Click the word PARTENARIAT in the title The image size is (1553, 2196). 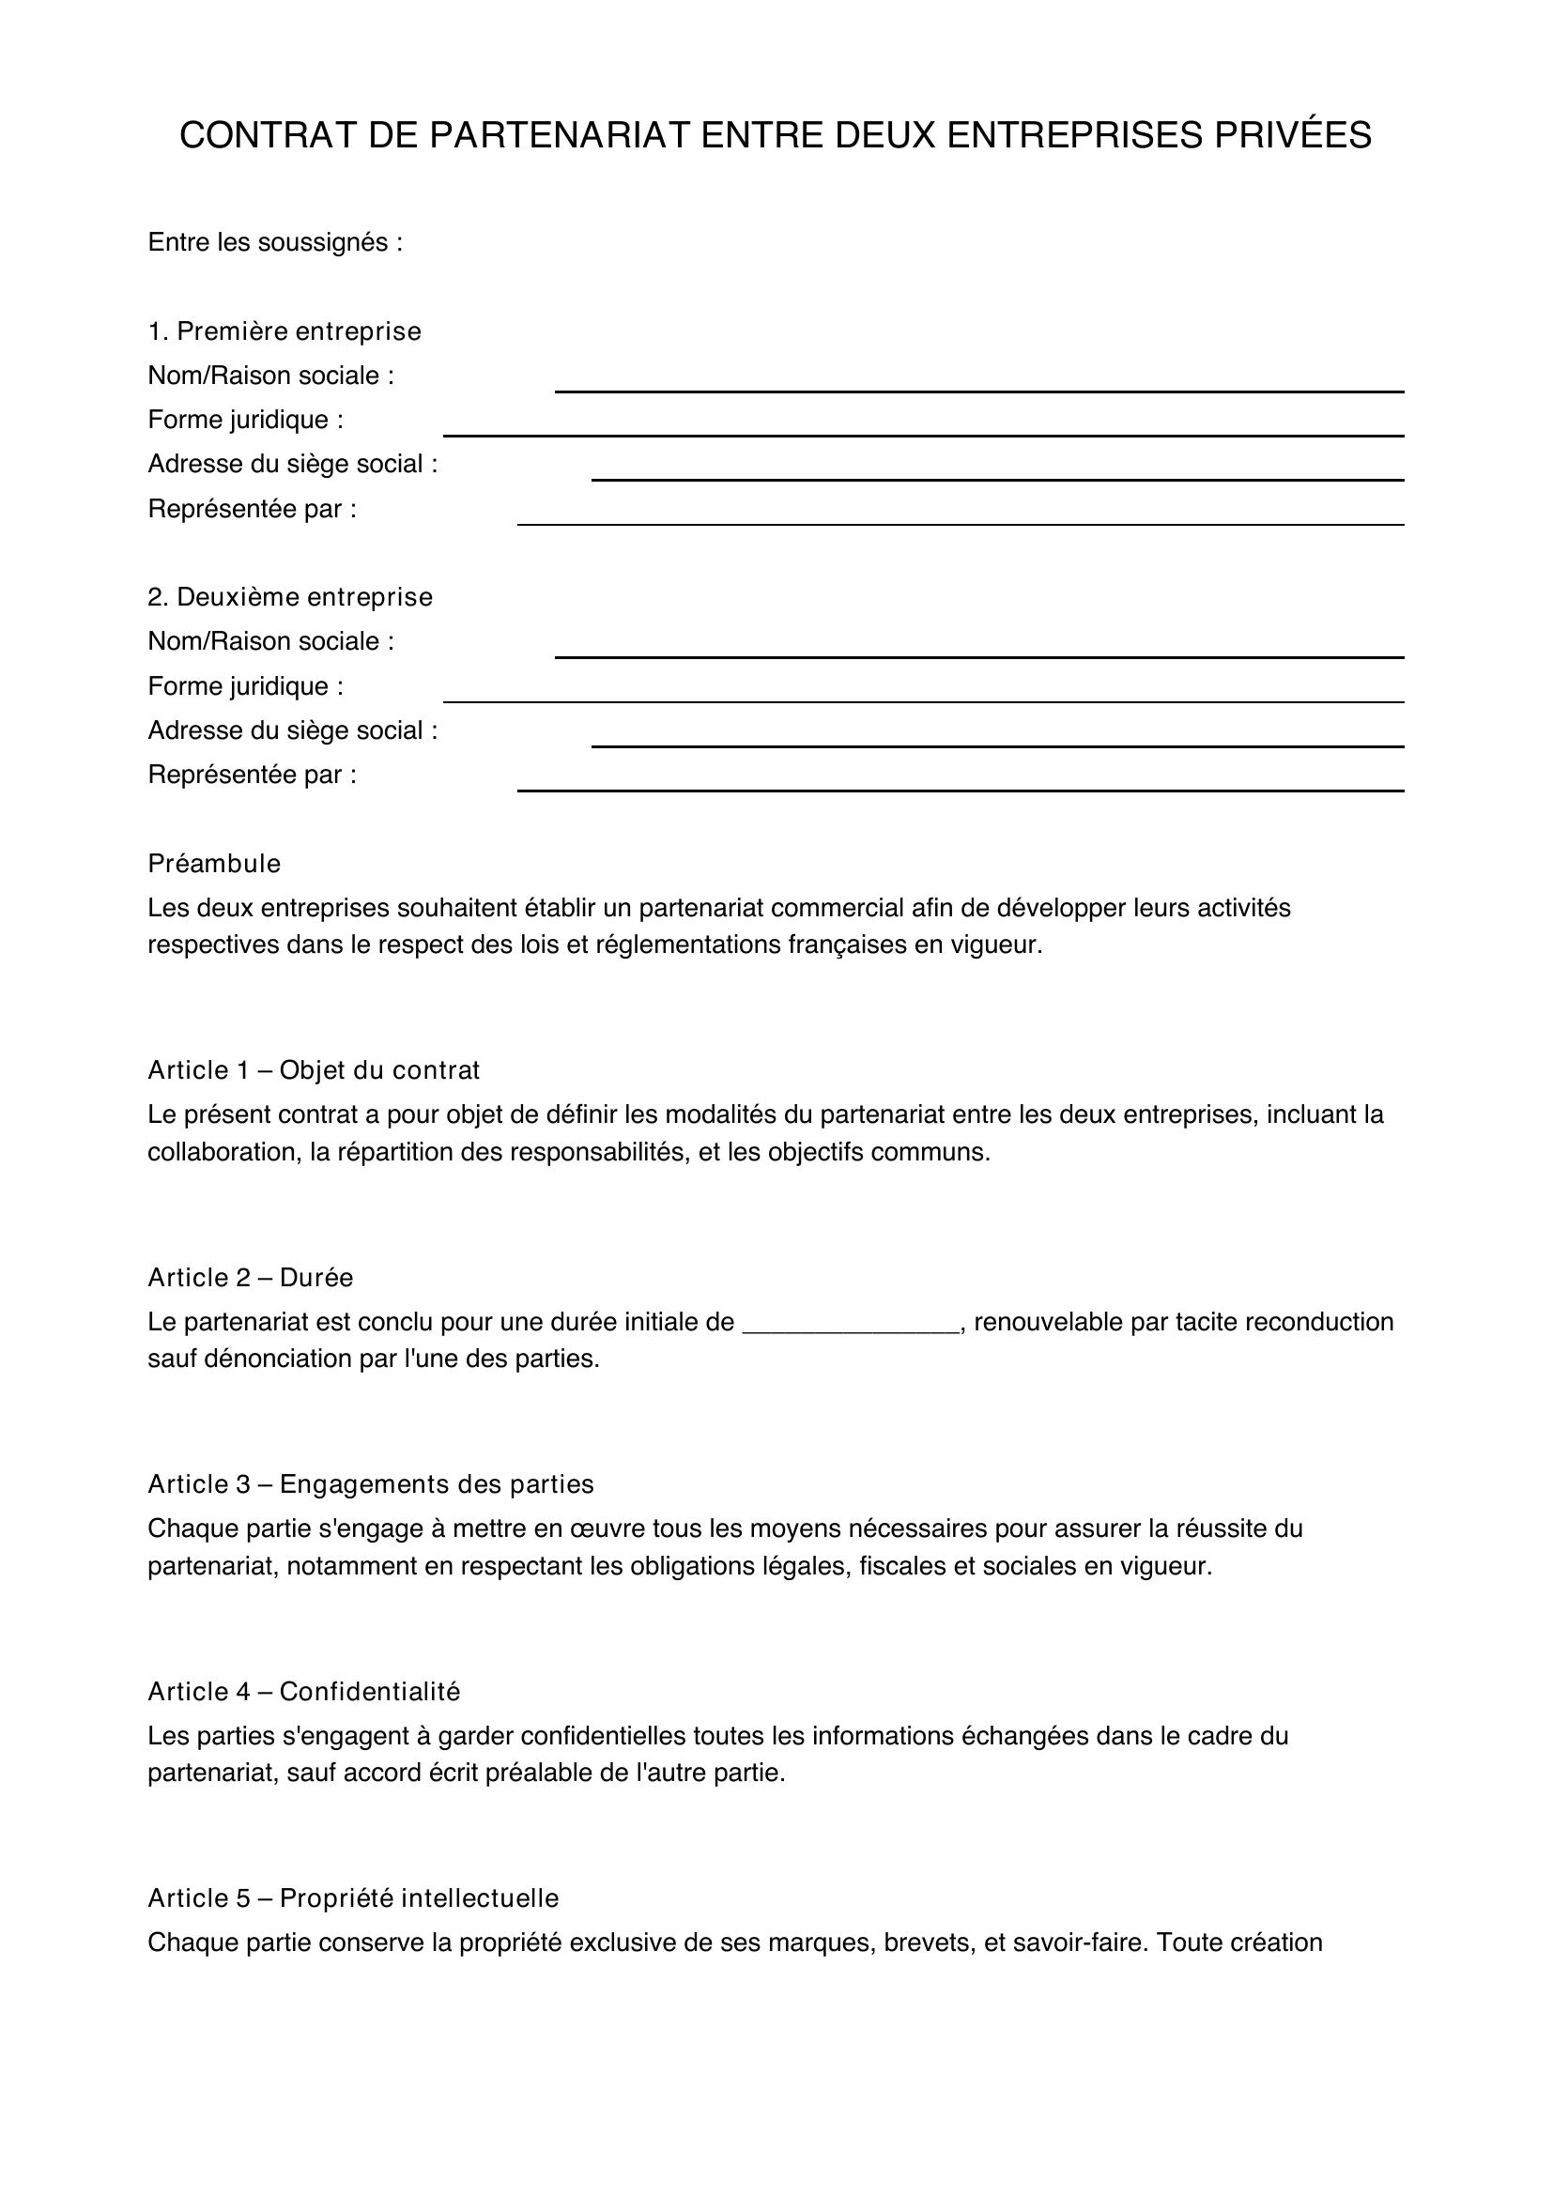pos(559,136)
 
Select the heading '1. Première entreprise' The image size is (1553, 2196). pos(284,330)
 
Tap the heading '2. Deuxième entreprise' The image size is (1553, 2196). pos(290,597)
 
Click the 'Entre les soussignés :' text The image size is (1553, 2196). pos(275,243)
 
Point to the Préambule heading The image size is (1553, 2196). pos(214,864)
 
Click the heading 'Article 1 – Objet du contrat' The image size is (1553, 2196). pos(314,1070)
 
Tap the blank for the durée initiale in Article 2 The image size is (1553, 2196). pos(850,1324)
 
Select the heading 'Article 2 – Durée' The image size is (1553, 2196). pos(251,1278)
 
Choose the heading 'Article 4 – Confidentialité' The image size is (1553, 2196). pos(304,1692)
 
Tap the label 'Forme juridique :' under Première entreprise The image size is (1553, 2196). pos(246,420)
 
